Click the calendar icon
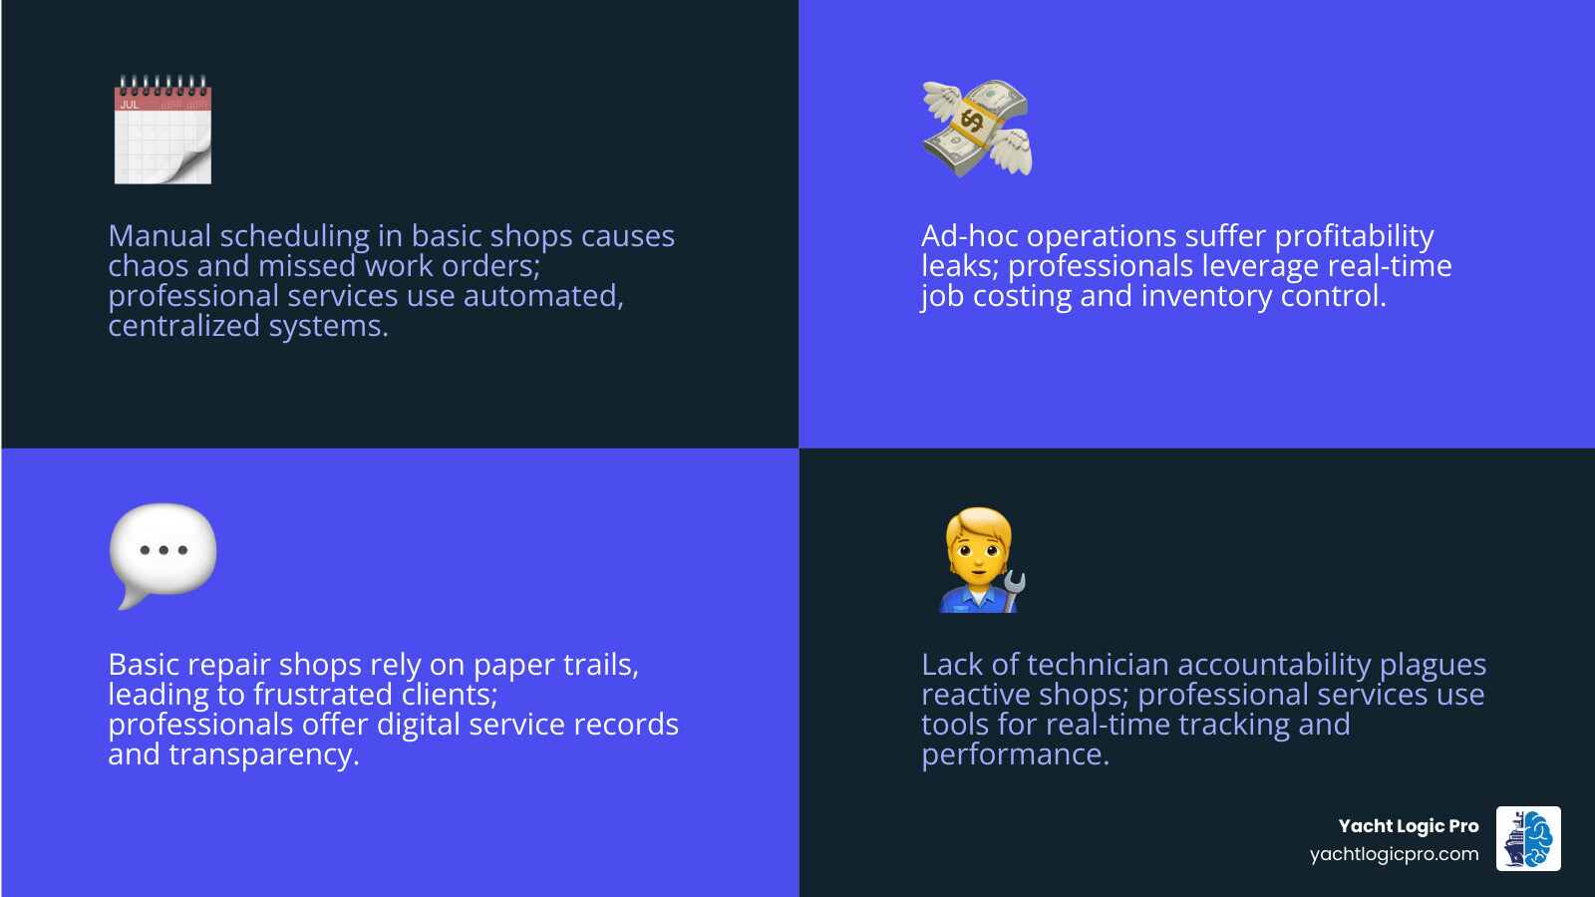[162, 131]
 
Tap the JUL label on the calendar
[130, 105]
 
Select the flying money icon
[977, 129]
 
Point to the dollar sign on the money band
[972, 123]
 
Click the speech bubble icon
[162, 553]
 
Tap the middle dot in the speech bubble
[163, 550]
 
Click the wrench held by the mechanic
[1013, 590]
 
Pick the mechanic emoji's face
[981, 552]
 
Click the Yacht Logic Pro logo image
[1528, 839]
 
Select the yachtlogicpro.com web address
[1394, 854]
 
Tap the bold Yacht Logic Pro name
[1408, 825]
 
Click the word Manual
[159, 236]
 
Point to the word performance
[1014, 754]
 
